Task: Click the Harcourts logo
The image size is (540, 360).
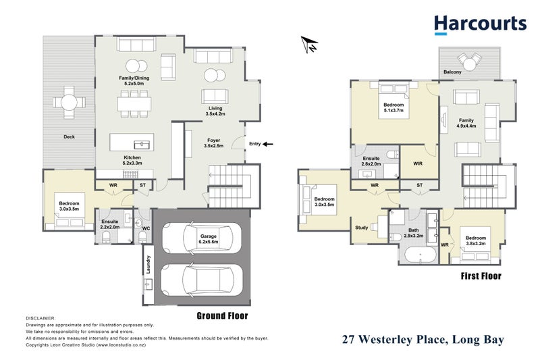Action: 479,24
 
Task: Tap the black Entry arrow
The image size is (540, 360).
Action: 268,144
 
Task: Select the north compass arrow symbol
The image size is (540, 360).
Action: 310,45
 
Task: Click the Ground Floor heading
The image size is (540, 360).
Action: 222,315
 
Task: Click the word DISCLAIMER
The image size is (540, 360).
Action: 41,317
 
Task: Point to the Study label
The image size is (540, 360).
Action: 362,228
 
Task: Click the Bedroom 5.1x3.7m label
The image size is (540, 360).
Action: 394,109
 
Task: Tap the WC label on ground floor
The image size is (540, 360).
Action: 145,228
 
